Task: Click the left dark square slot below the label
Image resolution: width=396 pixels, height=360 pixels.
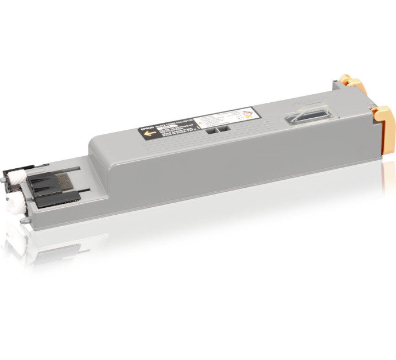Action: coord(208,130)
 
